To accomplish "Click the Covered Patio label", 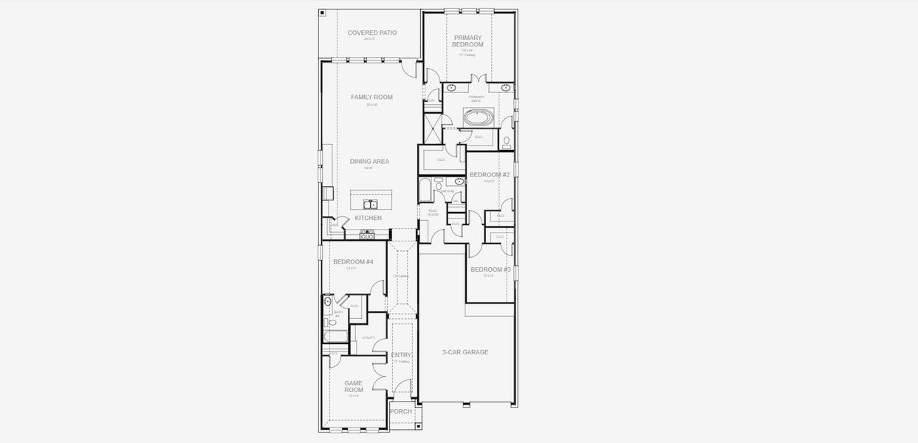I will tap(372, 32).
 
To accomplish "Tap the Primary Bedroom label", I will tap(468, 41).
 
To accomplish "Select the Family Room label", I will tap(371, 97).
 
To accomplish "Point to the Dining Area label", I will tap(369, 161).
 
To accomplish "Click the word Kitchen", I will tap(369, 218).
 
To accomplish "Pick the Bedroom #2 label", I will tap(490, 175).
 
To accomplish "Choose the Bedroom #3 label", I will tap(490, 269).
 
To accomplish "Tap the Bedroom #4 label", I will tap(353, 262).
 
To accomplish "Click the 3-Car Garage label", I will tap(465, 352).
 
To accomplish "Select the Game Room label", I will tap(354, 386).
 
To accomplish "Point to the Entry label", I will tap(401, 355).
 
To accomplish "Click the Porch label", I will tap(401, 411).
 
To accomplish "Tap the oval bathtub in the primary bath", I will tap(479, 117).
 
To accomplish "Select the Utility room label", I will tap(368, 337).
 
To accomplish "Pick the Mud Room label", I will tap(433, 213).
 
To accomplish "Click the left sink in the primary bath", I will tap(451, 88).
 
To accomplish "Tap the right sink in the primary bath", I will tap(505, 88).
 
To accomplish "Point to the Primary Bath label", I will tap(476, 98).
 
